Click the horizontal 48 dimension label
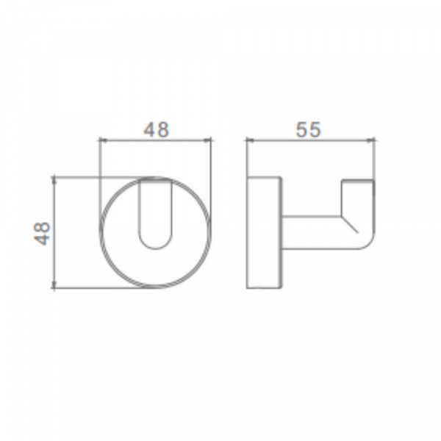click(x=156, y=129)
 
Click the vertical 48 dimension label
click(x=42, y=234)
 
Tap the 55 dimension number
click(x=308, y=129)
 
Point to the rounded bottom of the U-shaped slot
click(x=155, y=248)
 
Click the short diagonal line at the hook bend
click(x=350, y=224)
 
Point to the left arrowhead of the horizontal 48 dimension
click(x=101, y=140)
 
